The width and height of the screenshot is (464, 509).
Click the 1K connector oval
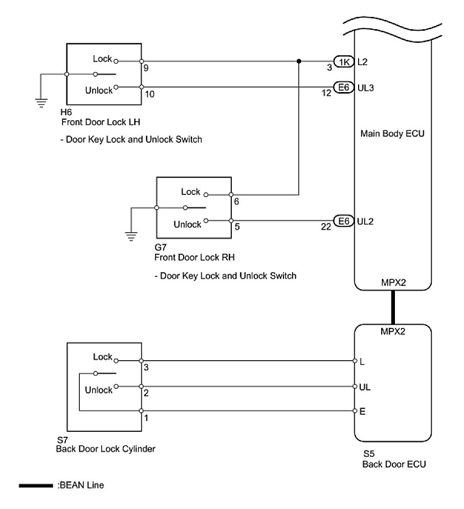coord(343,62)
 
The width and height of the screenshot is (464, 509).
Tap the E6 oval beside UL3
coord(343,87)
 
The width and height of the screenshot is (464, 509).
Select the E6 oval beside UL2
coord(343,222)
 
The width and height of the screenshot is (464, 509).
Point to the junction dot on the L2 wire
coord(298,62)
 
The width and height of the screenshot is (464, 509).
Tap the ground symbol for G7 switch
coord(131,236)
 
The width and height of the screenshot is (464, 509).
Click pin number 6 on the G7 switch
coord(236,202)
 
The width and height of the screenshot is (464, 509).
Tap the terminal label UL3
coord(366,87)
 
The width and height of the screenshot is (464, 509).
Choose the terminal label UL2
coord(366,222)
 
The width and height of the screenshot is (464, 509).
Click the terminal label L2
coord(363,62)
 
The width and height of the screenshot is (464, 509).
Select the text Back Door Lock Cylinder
coord(105,449)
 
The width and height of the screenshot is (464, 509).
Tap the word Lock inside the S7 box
coord(103,357)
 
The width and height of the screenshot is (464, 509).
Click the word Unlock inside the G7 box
coord(187,224)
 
